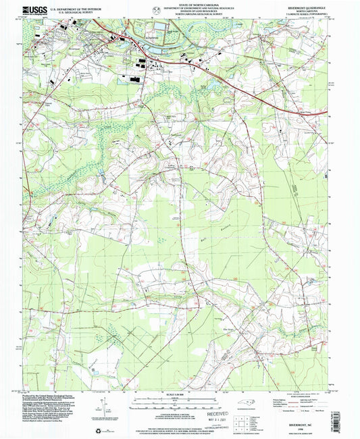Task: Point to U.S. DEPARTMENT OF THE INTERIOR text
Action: coord(70,8)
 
